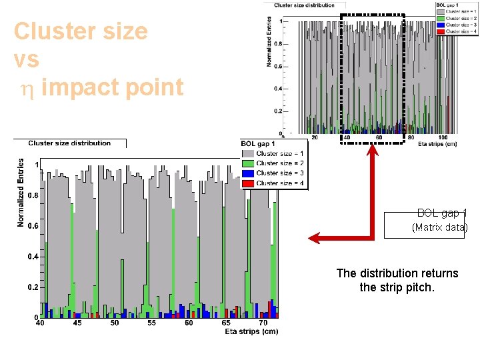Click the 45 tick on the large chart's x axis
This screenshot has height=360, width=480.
point(77,323)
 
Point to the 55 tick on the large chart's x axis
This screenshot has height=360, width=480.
point(151,323)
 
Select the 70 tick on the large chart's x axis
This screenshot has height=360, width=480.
point(263,323)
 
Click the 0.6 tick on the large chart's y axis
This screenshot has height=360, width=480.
point(32,225)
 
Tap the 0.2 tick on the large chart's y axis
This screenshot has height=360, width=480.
point(32,287)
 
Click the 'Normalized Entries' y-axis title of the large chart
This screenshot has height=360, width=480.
point(21,193)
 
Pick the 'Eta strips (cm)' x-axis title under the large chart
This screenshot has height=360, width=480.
point(251,331)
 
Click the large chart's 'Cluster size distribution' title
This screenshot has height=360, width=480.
point(69,143)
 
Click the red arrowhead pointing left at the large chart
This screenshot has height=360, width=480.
point(313,237)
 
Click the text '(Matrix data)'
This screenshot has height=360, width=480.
point(439,227)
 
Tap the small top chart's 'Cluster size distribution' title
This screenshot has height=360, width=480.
point(304,5)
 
